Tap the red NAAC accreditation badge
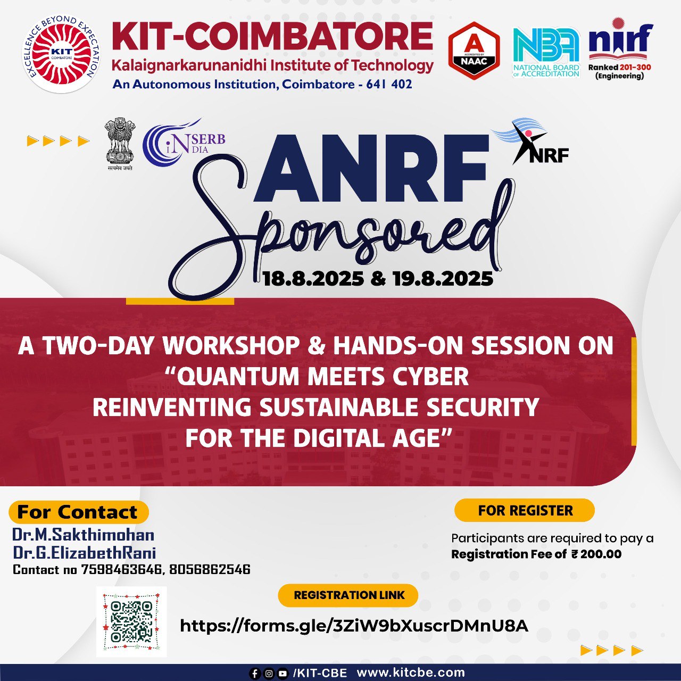pyautogui.click(x=474, y=51)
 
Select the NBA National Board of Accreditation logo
pyautogui.click(x=546, y=52)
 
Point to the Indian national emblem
pyautogui.click(x=120, y=145)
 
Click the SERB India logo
pyautogui.click(x=184, y=142)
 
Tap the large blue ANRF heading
pyautogui.click(x=371, y=169)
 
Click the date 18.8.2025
pyautogui.click(x=313, y=279)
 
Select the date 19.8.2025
pyautogui.click(x=443, y=279)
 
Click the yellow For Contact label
pyautogui.click(x=78, y=512)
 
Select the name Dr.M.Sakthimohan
pyautogui.click(x=84, y=535)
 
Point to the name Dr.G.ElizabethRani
pyautogui.click(x=85, y=553)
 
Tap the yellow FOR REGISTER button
pyautogui.click(x=525, y=510)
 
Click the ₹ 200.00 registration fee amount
pyautogui.click(x=596, y=554)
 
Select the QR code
pyautogui.click(x=131, y=621)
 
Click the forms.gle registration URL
pyautogui.click(x=354, y=626)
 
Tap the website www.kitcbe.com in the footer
pyautogui.click(x=411, y=672)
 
